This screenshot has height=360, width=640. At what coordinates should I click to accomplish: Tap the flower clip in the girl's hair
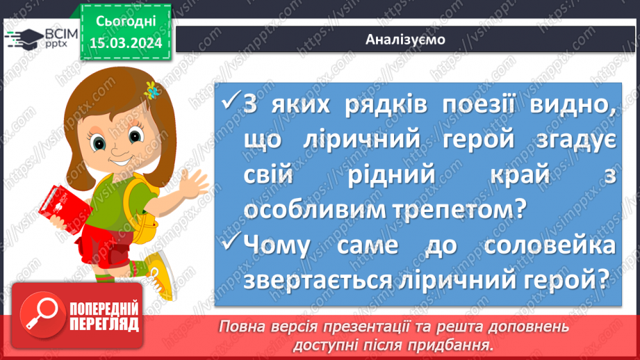coord(151,88)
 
